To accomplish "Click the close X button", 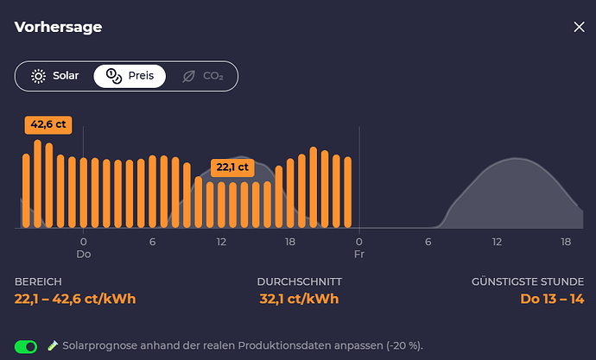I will pyautogui.click(x=579, y=27).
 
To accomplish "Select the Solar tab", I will pyautogui.click(x=54, y=76).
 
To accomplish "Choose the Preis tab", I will pyautogui.click(x=130, y=76).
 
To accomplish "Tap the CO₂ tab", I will pyautogui.click(x=202, y=76).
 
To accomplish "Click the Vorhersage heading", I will pyautogui.click(x=58, y=27).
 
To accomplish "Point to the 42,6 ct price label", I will pyautogui.click(x=48, y=124).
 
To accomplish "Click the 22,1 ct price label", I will pyautogui.click(x=232, y=167).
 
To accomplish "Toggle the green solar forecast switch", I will pyautogui.click(x=27, y=346).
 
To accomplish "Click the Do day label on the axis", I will pyautogui.click(x=84, y=256).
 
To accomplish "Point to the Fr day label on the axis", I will pyautogui.click(x=358, y=256).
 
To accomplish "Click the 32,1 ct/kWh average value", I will pyautogui.click(x=299, y=300).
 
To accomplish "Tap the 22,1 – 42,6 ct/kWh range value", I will pyautogui.click(x=75, y=300).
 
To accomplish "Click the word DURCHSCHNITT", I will pyautogui.click(x=299, y=282).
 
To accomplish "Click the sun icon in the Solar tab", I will pyautogui.click(x=38, y=76).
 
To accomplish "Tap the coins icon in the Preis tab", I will pyautogui.click(x=113, y=76).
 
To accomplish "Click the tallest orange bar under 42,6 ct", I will pyautogui.click(x=37, y=183).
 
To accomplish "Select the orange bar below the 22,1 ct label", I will pyautogui.click(x=232, y=205).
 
